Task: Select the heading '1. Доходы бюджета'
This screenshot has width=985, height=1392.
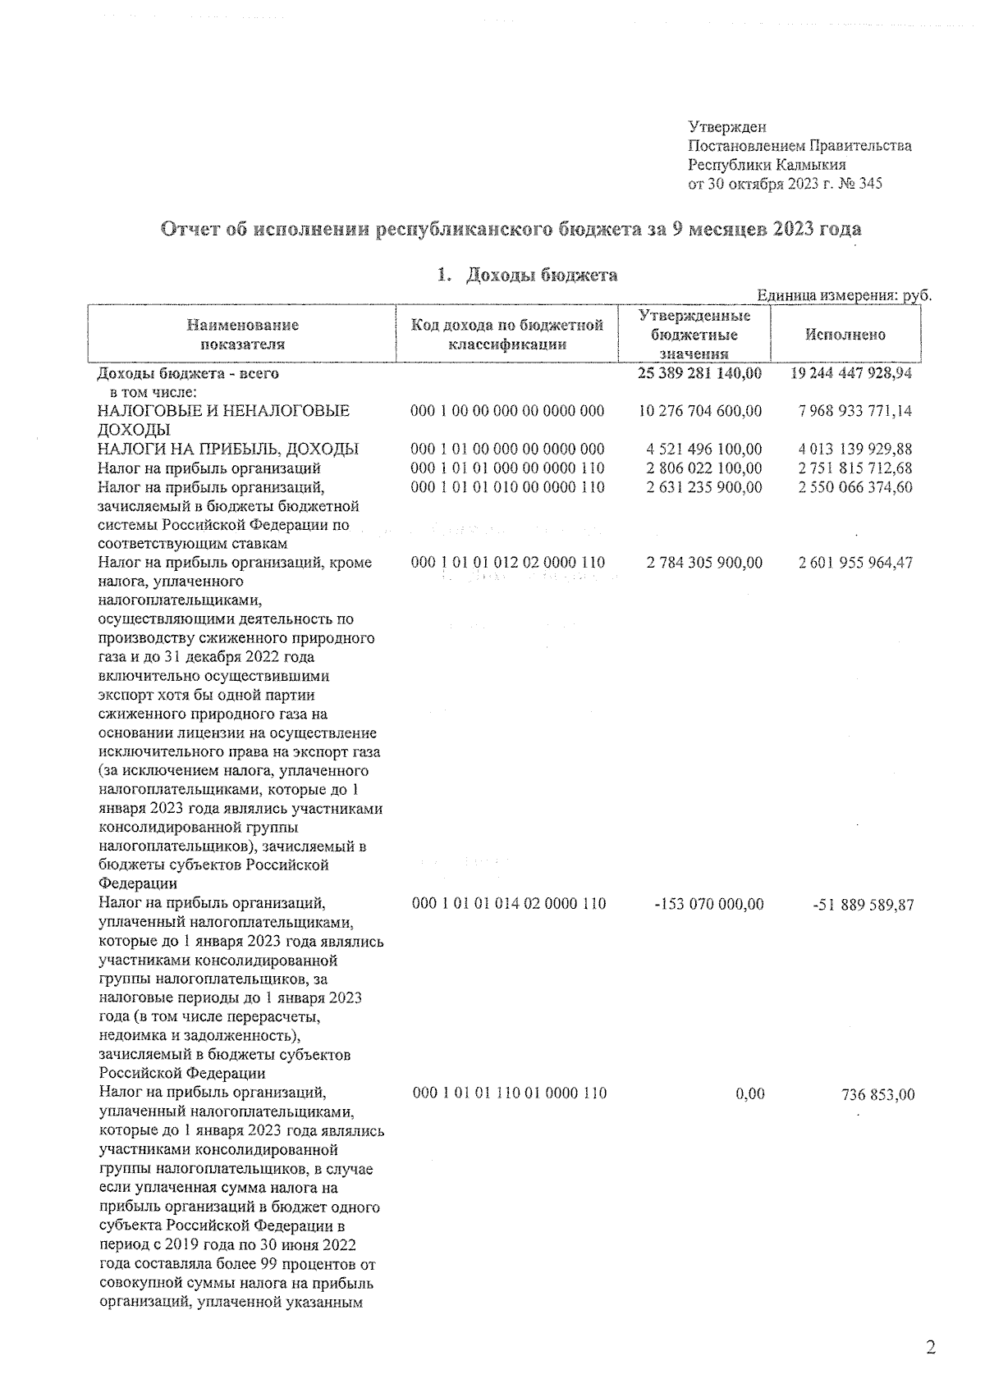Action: point(528,276)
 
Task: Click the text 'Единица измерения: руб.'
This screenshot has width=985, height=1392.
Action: point(844,296)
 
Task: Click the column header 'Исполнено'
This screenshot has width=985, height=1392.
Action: point(845,335)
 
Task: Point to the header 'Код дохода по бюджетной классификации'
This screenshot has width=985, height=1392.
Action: point(507,335)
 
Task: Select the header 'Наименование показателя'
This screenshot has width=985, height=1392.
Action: point(242,335)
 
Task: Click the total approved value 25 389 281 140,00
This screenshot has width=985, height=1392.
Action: point(699,374)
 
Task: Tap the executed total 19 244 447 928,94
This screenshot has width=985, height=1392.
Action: point(851,374)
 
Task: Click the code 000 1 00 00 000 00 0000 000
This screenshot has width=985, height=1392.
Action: point(507,411)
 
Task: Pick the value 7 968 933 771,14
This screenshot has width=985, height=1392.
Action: point(854,411)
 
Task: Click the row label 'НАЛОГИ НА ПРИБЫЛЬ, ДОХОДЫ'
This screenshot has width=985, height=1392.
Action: point(227,449)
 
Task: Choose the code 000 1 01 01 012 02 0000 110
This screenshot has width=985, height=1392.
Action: point(508,563)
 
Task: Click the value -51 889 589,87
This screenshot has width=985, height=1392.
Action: point(862,904)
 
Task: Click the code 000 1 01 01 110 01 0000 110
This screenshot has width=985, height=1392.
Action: point(509,1093)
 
